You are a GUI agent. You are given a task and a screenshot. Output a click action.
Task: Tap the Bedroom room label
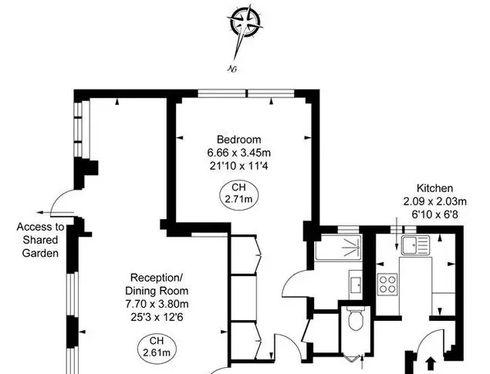(x=238, y=140)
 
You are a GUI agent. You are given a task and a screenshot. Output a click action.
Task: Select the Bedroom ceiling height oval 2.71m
(x=238, y=194)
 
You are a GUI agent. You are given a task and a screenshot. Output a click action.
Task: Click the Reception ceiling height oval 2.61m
(x=157, y=348)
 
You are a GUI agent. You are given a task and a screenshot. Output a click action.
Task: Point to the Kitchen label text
(x=434, y=188)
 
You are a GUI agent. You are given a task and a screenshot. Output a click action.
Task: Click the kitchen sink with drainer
(x=415, y=245)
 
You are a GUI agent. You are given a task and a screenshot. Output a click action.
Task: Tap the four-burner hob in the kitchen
(x=387, y=285)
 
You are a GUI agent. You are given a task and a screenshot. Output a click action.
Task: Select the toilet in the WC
(x=355, y=318)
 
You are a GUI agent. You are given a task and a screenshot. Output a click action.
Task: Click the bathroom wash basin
(x=356, y=285)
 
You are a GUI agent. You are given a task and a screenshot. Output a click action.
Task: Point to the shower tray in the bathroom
(x=338, y=247)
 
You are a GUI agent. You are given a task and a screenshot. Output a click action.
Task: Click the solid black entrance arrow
(x=431, y=364)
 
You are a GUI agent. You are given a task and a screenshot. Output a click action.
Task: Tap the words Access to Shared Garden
(x=40, y=240)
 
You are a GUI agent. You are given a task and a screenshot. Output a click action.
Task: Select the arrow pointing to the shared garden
(x=55, y=213)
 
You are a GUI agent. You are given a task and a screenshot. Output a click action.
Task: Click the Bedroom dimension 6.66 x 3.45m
(x=238, y=153)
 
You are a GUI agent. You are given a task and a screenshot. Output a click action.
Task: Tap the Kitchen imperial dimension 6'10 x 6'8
(x=434, y=214)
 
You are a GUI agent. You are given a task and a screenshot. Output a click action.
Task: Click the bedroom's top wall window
(x=246, y=93)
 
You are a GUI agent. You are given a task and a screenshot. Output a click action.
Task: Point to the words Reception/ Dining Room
(x=157, y=284)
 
